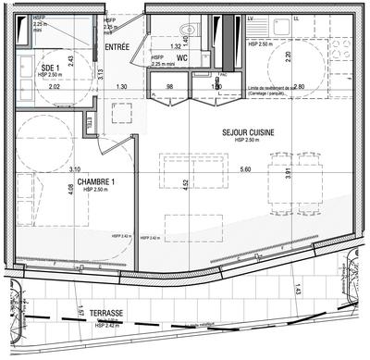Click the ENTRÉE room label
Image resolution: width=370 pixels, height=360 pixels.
[117, 45]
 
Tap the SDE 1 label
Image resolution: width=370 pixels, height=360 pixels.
[52, 67]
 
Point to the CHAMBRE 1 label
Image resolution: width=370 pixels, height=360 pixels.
[96, 181]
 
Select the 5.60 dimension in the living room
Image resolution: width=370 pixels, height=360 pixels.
[244, 169]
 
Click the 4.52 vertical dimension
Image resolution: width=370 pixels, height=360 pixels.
[186, 183]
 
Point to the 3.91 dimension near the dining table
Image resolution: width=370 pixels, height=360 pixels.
[288, 172]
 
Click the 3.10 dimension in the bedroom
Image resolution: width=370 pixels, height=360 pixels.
[74, 169]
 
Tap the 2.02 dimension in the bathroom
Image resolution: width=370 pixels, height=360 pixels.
[28, 86]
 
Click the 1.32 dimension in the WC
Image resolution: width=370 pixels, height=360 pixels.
[175, 46]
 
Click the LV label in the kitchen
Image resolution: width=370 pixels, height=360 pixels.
[253, 18]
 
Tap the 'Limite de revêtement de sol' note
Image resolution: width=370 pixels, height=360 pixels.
[278, 92]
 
